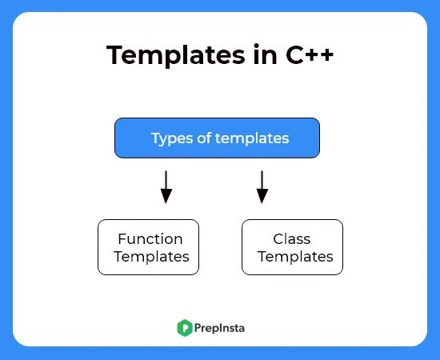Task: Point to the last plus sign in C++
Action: tap(324, 56)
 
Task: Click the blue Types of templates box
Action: tap(217, 138)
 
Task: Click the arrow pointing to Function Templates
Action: tap(166, 186)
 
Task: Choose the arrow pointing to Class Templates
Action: tap(262, 186)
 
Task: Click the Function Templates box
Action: tap(148, 247)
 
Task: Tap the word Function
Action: tap(150, 238)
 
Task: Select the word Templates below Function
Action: tap(151, 257)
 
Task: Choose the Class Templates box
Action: tap(292, 247)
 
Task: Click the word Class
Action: tap(292, 238)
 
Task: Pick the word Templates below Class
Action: tap(295, 257)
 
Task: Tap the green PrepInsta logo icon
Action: tap(185, 327)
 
